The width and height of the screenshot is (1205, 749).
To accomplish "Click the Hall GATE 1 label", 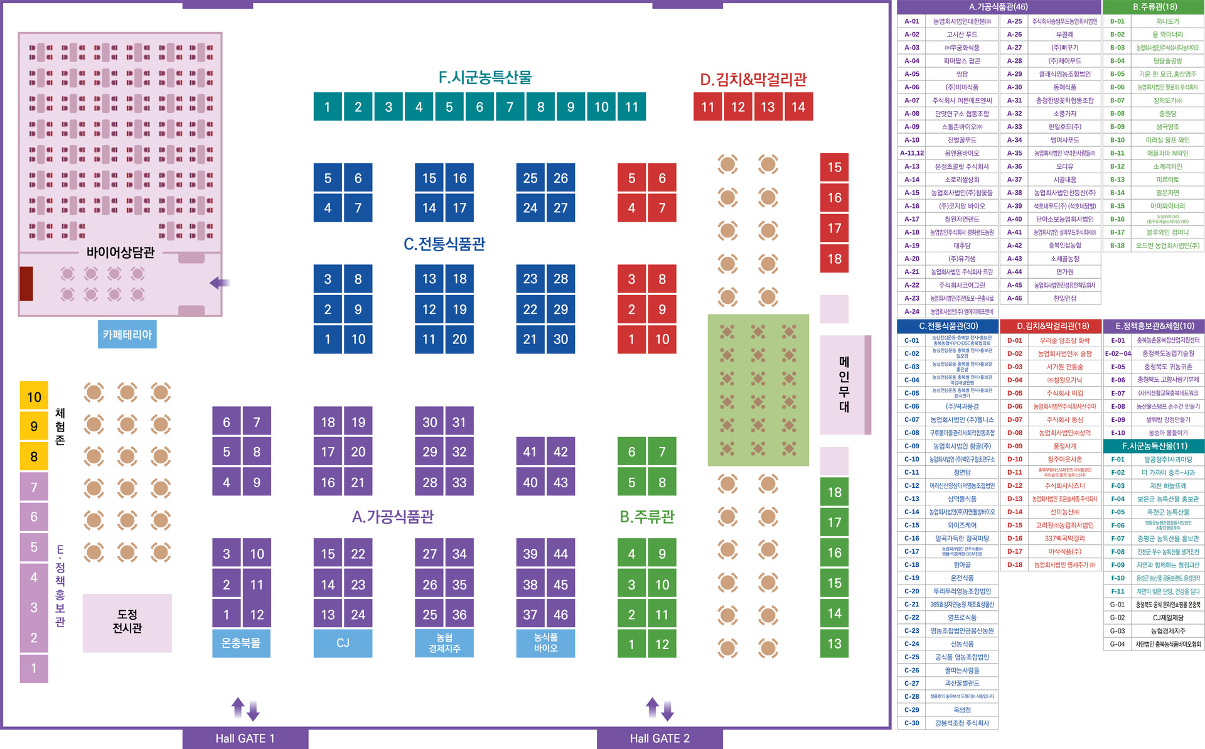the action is [245, 738].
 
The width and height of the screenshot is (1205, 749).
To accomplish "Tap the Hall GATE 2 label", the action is [659, 738].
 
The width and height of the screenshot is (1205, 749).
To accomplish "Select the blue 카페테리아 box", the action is [127, 335].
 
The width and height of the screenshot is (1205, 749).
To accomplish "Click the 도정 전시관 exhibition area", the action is [127, 622].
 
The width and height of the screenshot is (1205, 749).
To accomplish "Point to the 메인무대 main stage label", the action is [844, 384].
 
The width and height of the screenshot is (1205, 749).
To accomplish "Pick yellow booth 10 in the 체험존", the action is [34, 397].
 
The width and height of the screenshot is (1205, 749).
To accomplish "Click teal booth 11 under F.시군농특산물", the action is [631, 107].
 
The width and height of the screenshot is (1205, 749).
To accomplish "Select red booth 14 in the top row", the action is [798, 107].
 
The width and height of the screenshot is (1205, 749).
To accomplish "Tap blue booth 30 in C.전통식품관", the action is [560, 339].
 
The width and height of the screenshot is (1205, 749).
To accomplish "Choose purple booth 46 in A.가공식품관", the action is [560, 615].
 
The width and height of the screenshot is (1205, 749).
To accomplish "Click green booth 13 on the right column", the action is [834, 644].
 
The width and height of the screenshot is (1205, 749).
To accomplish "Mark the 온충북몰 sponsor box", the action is [241, 644].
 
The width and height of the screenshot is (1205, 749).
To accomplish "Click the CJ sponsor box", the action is [343, 644].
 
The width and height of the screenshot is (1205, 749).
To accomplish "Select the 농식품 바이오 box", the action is [545, 644].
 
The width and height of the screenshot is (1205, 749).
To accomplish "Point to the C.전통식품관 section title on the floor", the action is [444, 244].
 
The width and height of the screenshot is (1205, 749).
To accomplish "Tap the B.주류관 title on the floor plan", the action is [646, 517].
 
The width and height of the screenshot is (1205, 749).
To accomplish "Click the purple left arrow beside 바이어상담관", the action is [219, 283].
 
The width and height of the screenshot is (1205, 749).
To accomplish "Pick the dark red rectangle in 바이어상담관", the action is [26, 283].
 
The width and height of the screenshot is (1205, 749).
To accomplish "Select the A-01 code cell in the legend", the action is [911, 21].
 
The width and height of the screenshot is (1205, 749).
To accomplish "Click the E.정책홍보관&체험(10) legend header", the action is [1154, 326].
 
